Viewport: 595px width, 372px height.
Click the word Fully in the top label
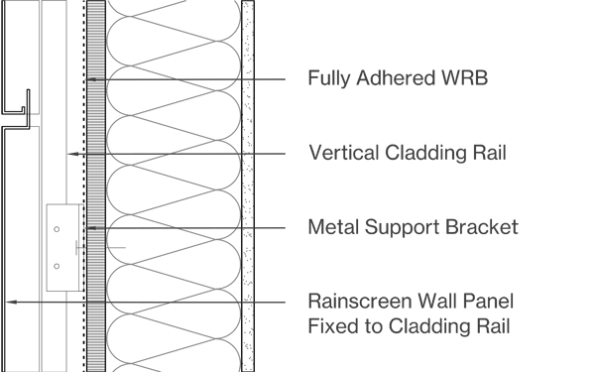click(x=329, y=78)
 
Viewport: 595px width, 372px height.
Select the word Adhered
click(x=396, y=77)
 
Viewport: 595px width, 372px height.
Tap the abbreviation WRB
click(x=465, y=77)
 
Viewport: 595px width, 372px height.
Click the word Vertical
click(x=344, y=153)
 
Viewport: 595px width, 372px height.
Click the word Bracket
click(x=482, y=227)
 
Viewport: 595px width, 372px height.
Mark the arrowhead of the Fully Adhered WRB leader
click(x=91, y=79)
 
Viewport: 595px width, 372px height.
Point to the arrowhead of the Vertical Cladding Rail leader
click(x=72, y=154)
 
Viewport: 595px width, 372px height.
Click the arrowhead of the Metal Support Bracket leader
click(x=91, y=228)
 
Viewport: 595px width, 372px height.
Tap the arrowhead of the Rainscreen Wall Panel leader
click(x=11, y=303)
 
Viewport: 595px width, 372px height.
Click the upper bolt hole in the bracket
click(x=57, y=229)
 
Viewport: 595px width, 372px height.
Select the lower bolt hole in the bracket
click(x=57, y=267)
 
